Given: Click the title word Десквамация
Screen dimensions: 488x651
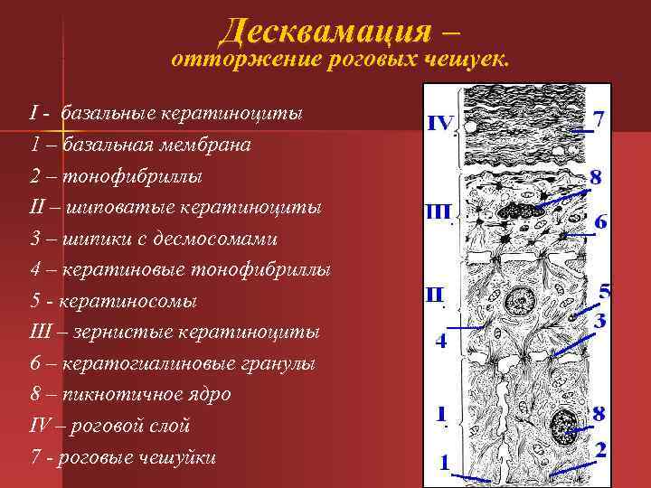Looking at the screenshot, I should [x=325, y=32].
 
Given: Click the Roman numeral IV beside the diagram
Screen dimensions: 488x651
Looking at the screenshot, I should [x=442, y=123].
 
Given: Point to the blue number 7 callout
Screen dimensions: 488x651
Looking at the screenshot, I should [x=598, y=118].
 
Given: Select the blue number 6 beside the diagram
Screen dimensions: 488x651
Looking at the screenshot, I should [x=600, y=221].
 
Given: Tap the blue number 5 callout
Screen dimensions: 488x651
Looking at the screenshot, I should [x=605, y=291].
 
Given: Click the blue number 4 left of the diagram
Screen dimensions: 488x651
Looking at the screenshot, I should [x=440, y=342].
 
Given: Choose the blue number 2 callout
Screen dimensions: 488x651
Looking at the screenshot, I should [x=600, y=449].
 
